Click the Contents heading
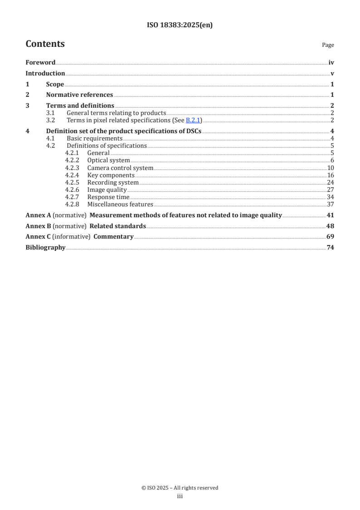[x=45, y=44]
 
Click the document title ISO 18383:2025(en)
[x=180, y=25]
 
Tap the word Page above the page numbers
[x=328, y=45]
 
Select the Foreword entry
[x=40, y=63]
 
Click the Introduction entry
[x=45, y=73]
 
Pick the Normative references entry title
[x=79, y=95]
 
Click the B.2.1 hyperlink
[x=193, y=120]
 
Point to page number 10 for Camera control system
[x=330, y=168]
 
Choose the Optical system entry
[x=108, y=160]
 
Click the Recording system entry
[x=113, y=182]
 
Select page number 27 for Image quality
[x=330, y=190]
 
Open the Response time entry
[x=108, y=197]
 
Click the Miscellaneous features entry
[x=120, y=204]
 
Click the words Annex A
[x=38, y=215]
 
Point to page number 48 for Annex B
[x=330, y=226]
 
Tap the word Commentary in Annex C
[x=113, y=237]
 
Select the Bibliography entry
[x=45, y=248]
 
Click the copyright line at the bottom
[x=180, y=488]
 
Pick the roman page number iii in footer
[x=180, y=496]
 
